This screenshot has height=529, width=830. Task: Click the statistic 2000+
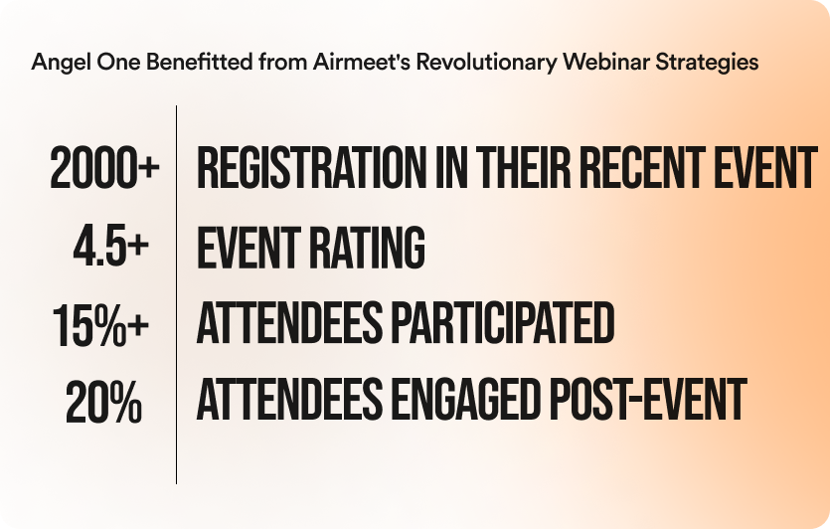104,168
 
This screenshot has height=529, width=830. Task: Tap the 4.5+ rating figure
111,246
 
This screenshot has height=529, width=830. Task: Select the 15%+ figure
100,325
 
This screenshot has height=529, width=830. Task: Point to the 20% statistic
103,402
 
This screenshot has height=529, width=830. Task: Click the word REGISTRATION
312,168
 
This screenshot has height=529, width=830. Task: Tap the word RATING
368,247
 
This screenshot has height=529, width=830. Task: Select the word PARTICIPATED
503,322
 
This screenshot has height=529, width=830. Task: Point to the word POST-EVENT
648,400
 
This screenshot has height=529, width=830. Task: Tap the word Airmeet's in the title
362,62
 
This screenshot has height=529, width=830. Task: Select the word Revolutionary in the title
486,63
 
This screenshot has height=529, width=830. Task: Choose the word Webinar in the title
606,62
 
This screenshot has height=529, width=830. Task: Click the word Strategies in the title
707,63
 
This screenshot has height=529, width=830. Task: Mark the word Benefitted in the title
199,62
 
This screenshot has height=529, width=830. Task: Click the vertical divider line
176,294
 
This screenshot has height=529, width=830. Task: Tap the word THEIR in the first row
524,168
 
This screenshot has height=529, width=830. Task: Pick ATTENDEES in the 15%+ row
289,322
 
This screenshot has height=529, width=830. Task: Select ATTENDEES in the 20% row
289,400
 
